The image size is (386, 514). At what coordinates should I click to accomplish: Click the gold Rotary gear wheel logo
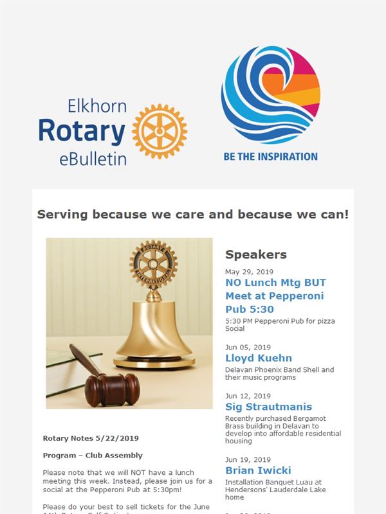(x=160, y=131)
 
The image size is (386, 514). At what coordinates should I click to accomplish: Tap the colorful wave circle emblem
(x=271, y=94)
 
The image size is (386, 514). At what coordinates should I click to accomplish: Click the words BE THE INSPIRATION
(x=270, y=157)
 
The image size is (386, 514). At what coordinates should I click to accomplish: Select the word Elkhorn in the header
(x=97, y=106)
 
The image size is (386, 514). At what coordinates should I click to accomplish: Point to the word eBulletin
(x=93, y=159)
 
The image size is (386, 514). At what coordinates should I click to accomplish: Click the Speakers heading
(x=255, y=254)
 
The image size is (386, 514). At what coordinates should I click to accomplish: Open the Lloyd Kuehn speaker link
(x=259, y=358)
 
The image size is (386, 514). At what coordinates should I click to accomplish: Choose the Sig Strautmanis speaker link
(x=268, y=407)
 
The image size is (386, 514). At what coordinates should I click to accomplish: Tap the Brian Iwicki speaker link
(x=258, y=470)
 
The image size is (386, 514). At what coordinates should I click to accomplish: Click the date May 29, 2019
(x=249, y=272)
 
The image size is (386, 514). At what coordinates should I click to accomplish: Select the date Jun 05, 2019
(x=248, y=347)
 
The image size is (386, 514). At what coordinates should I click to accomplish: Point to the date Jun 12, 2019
(x=248, y=396)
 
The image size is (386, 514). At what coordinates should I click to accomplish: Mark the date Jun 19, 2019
(x=248, y=459)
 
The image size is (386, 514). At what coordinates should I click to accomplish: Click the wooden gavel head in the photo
(x=112, y=390)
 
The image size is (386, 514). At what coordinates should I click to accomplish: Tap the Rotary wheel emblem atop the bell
(x=154, y=264)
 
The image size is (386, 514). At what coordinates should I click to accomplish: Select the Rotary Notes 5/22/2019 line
(x=91, y=438)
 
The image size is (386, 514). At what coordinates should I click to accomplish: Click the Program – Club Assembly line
(x=93, y=456)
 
